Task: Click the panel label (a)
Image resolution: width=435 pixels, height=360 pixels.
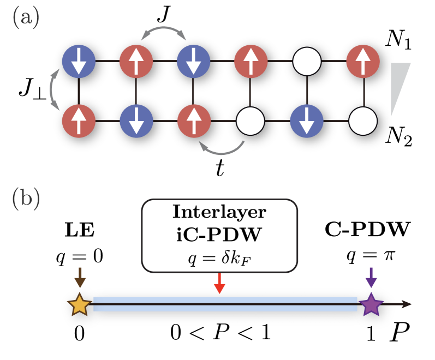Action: [26, 18]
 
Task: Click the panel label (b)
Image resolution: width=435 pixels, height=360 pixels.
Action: [26, 199]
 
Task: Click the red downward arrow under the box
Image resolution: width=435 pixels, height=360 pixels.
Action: [219, 284]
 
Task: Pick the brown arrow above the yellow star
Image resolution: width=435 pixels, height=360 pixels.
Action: [80, 277]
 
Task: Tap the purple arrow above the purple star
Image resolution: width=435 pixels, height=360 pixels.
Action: [371, 277]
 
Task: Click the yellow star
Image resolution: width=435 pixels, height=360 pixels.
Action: [79, 304]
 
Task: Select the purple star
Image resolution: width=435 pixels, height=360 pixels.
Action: [371, 304]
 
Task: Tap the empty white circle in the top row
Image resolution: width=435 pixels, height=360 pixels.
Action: [307, 61]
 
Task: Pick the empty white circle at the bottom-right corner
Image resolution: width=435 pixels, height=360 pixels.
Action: [363, 121]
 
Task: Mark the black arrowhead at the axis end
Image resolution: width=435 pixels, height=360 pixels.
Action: [406, 304]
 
